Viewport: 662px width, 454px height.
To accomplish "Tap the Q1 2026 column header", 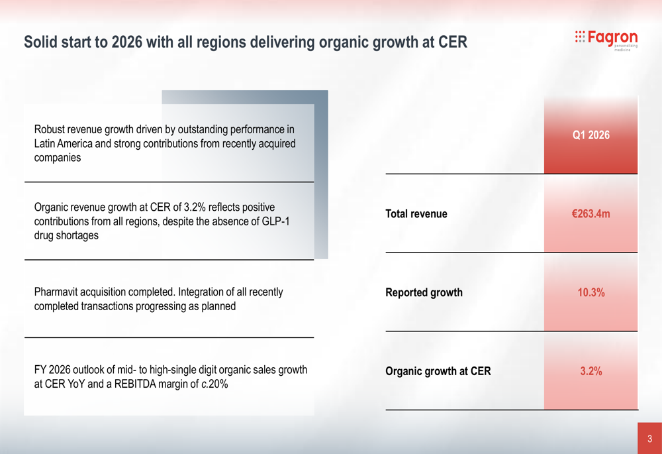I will pos(591,135).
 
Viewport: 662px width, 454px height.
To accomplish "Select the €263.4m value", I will pos(591,214).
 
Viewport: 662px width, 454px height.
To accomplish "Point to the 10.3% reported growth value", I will pos(591,292).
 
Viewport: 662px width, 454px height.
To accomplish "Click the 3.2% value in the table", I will pos(591,371).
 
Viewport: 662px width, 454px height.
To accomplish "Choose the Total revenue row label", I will pos(416,214).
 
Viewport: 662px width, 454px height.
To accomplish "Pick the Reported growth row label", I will pos(424,292).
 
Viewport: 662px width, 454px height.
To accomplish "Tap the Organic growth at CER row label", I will pos(438,371).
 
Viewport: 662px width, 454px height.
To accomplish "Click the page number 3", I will pos(650,439).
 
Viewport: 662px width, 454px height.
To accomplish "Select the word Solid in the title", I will pos(40,42).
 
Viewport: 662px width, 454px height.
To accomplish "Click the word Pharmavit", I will pos(58,292).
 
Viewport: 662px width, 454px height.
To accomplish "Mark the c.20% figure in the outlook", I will pos(214,384).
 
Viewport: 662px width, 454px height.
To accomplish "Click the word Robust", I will pos(50,129).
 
